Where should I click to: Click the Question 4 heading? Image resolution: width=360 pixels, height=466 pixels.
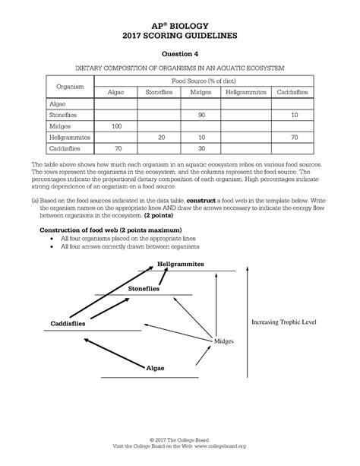tap(180, 53)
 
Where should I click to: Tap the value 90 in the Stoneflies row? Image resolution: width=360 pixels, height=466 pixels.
tap(201, 114)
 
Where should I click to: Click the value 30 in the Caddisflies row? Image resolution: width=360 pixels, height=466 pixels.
tap(201, 148)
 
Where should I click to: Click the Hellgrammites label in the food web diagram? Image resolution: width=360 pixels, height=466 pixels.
tap(181, 264)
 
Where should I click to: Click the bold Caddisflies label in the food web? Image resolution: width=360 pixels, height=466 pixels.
tap(68, 323)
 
